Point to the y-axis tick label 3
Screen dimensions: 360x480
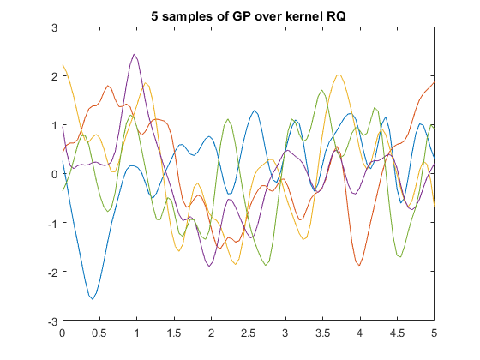pos(53,27)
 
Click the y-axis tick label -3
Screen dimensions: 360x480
pos(51,321)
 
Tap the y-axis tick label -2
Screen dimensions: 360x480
pos(51,272)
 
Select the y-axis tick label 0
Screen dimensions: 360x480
pos(53,174)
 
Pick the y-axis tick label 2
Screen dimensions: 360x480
pos(53,76)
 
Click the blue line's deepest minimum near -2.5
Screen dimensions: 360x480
pos(93,298)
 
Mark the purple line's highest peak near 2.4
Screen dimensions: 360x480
pos(135,55)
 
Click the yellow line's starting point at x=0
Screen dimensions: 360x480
pos(63,66)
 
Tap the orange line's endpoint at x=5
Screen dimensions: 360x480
pos(434,82)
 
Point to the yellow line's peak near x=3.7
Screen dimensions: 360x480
pos(339,75)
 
